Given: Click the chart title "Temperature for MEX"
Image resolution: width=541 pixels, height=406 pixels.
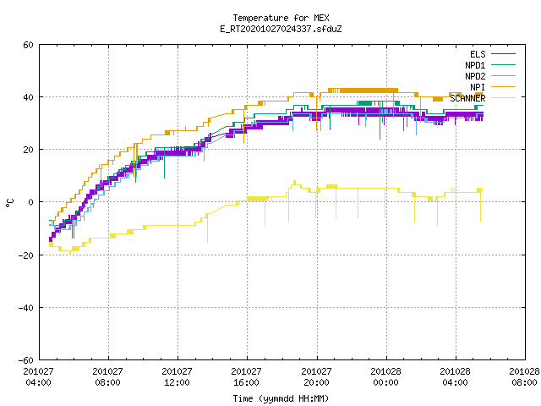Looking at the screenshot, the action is point(281,18).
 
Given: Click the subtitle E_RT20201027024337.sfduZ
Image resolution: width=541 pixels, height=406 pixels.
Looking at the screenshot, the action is point(281,29).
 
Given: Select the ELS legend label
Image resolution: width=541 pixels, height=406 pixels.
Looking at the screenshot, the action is point(478,54).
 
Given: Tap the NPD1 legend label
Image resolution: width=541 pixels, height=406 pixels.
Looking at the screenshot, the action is point(475,65).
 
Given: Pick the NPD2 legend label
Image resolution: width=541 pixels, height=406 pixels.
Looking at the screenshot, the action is point(475,76).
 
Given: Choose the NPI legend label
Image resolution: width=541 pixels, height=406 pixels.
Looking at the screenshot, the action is point(478,87).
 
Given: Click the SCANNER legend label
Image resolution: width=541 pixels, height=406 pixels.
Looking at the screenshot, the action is point(467,98).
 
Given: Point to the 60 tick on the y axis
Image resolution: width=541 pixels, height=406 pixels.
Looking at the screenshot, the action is point(28,45).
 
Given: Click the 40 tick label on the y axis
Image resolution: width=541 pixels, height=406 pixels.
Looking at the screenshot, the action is point(28,97).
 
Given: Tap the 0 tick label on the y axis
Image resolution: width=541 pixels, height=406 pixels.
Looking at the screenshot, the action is point(31,202).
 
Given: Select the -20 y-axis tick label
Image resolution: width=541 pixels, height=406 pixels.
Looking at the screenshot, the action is point(26,255).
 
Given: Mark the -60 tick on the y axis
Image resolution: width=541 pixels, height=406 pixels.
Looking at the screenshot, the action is point(26,360).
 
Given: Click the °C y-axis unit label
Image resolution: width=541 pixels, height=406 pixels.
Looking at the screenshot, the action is point(10,203).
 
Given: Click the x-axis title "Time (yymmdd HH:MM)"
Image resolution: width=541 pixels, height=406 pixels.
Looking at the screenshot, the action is point(281,398).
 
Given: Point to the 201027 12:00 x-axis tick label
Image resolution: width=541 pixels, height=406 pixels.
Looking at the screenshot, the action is point(177,377).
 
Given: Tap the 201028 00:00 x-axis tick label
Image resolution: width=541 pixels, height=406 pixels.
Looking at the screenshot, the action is point(385,377).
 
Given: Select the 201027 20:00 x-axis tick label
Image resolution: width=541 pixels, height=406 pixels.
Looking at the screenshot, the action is point(316,377).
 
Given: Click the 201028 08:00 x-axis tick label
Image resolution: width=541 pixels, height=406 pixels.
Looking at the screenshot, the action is point(524,377).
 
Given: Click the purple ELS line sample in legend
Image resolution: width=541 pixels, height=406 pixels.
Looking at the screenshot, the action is point(504,54).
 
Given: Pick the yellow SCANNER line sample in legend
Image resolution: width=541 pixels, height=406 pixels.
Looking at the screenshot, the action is point(504,98).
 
